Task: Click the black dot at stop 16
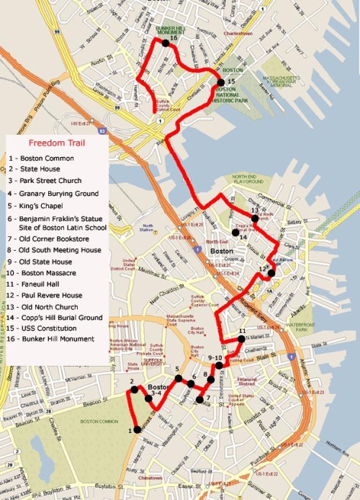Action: pyautogui.click(x=166, y=44)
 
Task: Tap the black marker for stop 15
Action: pyautogui.click(x=220, y=83)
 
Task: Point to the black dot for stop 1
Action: pyautogui.click(x=137, y=430)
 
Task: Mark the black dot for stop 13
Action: pyautogui.click(x=254, y=219)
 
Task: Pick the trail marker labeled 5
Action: pyautogui.click(x=179, y=378)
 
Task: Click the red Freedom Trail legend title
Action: pyautogui.click(x=57, y=143)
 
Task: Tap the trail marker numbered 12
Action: pyautogui.click(x=271, y=273)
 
